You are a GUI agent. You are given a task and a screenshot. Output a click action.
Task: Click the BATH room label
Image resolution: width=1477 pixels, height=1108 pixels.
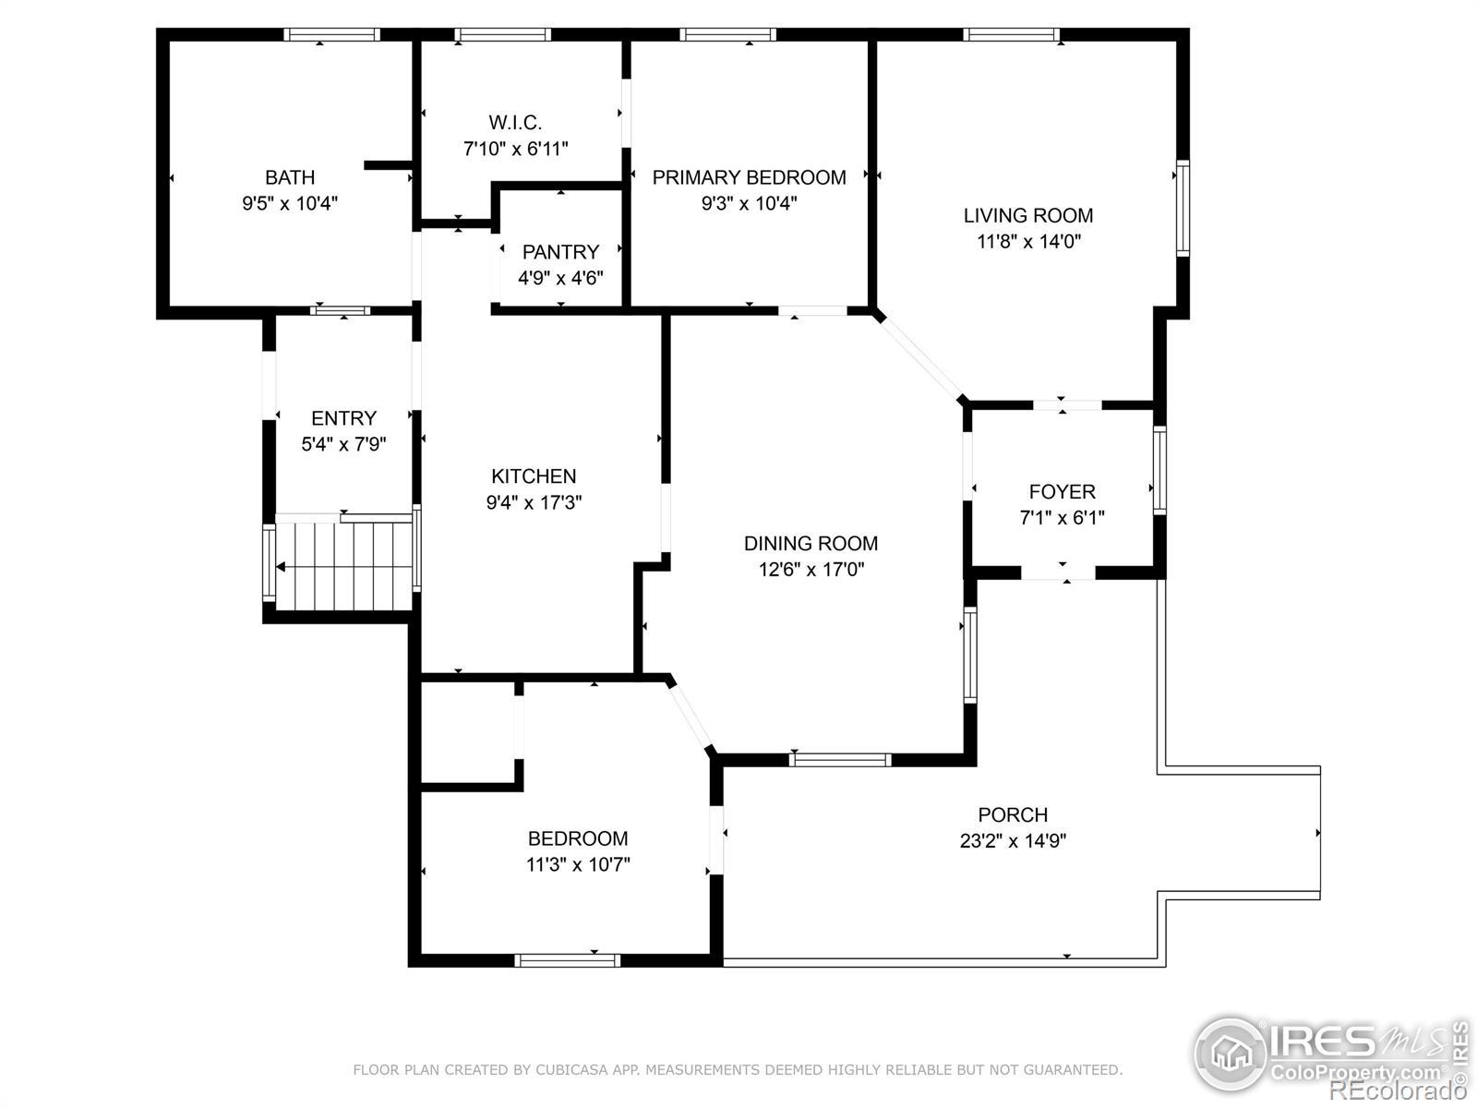pyautogui.click(x=290, y=177)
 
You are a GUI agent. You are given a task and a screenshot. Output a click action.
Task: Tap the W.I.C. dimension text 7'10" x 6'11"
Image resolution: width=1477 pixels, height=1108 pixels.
pyautogui.click(x=515, y=149)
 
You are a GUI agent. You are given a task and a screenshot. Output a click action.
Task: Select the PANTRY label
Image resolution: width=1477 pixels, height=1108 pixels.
pyautogui.click(x=560, y=252)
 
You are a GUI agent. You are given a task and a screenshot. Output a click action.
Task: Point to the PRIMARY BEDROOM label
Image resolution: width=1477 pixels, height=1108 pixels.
pyautogui.click(x=749, y=177)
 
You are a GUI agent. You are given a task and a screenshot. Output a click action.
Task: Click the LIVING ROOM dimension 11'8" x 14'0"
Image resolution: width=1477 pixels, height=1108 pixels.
pyautogui.click(x=1028, y=242)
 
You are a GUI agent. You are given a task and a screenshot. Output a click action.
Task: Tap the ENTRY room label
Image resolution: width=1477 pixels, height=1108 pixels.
pyautogui.click(x=343, y=418)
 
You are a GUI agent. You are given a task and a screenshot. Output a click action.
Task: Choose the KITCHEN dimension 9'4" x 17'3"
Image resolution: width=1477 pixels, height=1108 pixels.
pyautogui.click(x=534, y=502)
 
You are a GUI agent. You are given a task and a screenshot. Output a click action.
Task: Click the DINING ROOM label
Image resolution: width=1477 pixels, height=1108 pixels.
pyautogui.click(x=811, y=544)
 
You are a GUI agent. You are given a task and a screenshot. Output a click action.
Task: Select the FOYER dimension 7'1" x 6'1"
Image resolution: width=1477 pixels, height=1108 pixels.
pyautogui.click(x=1062, y=518)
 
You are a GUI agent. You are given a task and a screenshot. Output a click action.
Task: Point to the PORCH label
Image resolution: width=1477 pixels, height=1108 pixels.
pyautogui.click(x=1013, y=815)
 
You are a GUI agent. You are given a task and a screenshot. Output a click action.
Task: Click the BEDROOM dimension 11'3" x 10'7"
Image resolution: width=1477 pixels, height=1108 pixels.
pyautogui.click(x=578, y=864)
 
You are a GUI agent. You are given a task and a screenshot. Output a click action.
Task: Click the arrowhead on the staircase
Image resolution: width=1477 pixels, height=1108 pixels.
pyautogui.click(x=281, y=567)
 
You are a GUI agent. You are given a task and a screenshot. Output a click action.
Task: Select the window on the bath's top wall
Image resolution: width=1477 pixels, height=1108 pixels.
pyautogui.click(x=331, y=35)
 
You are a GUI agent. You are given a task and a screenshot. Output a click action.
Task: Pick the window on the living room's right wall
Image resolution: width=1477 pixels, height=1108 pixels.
pyautogui.click(x=1183, y=209)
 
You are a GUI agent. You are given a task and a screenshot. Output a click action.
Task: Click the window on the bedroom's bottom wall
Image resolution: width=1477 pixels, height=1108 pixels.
pyautogui.click(x=567, y=960)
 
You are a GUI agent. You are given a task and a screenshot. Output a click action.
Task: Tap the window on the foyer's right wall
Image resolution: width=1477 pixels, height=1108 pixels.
pyautogui.click(x=1159, y=470)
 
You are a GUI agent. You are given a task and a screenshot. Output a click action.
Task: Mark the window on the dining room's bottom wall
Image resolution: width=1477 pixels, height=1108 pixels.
pyautogui.click(x=840, y=760)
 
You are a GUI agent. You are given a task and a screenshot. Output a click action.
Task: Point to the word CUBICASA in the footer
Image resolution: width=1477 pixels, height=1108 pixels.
pyautogui.click(x=565, y=1069)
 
